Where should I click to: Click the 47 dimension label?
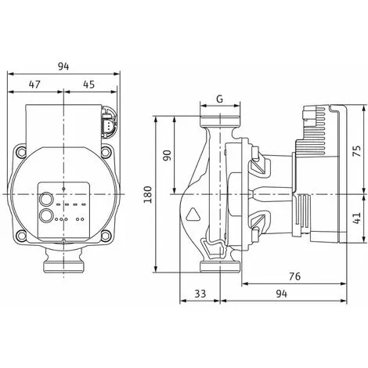tap(34, 85)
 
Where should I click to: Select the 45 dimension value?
tap(88, 85)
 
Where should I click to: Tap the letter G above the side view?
tap(220, 99)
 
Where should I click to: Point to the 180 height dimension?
tap(148, 194)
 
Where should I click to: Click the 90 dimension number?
tap(168, 155)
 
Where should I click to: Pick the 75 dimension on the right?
tap(356, 151)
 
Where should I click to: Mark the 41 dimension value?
tap(356, 218)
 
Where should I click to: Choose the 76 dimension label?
tap(295, 276)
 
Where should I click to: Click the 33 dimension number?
tap(200, 294)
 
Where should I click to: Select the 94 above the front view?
tap(63, 67)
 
